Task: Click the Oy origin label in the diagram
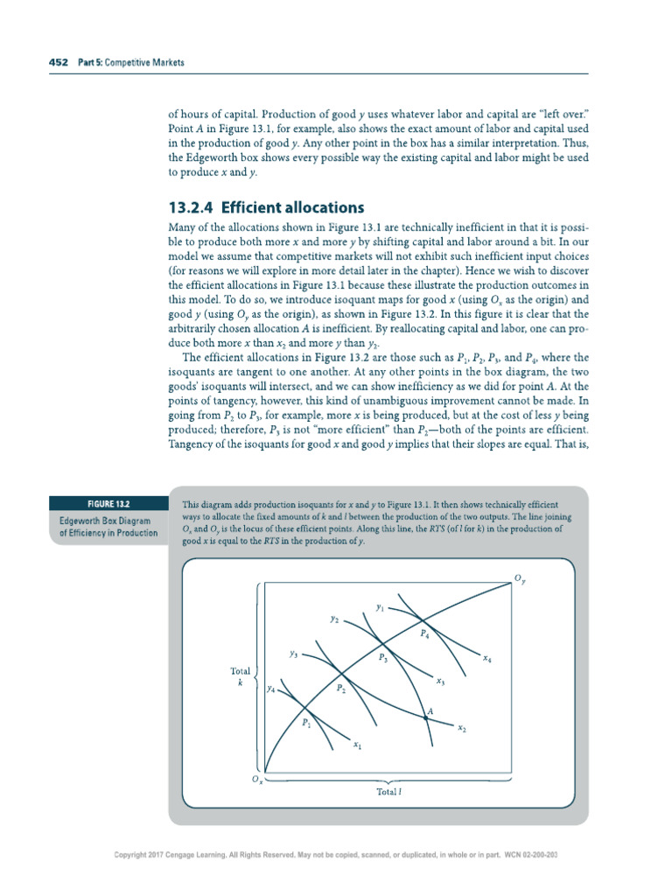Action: click(521, 578)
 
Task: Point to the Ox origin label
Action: click(257, 779)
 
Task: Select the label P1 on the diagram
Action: click(306, 724)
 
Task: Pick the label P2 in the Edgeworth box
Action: click(341, 689)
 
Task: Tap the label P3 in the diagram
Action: click(383, 657)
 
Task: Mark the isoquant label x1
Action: click(358, 745)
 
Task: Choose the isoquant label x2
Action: click(462, 728)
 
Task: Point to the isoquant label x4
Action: click(486, 658)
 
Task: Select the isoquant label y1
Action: click(380, 605)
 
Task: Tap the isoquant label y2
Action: click(334, 619)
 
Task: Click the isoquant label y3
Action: click(294, 654)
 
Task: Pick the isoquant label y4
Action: click(271, 689)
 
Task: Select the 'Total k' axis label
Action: click(240, 676)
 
